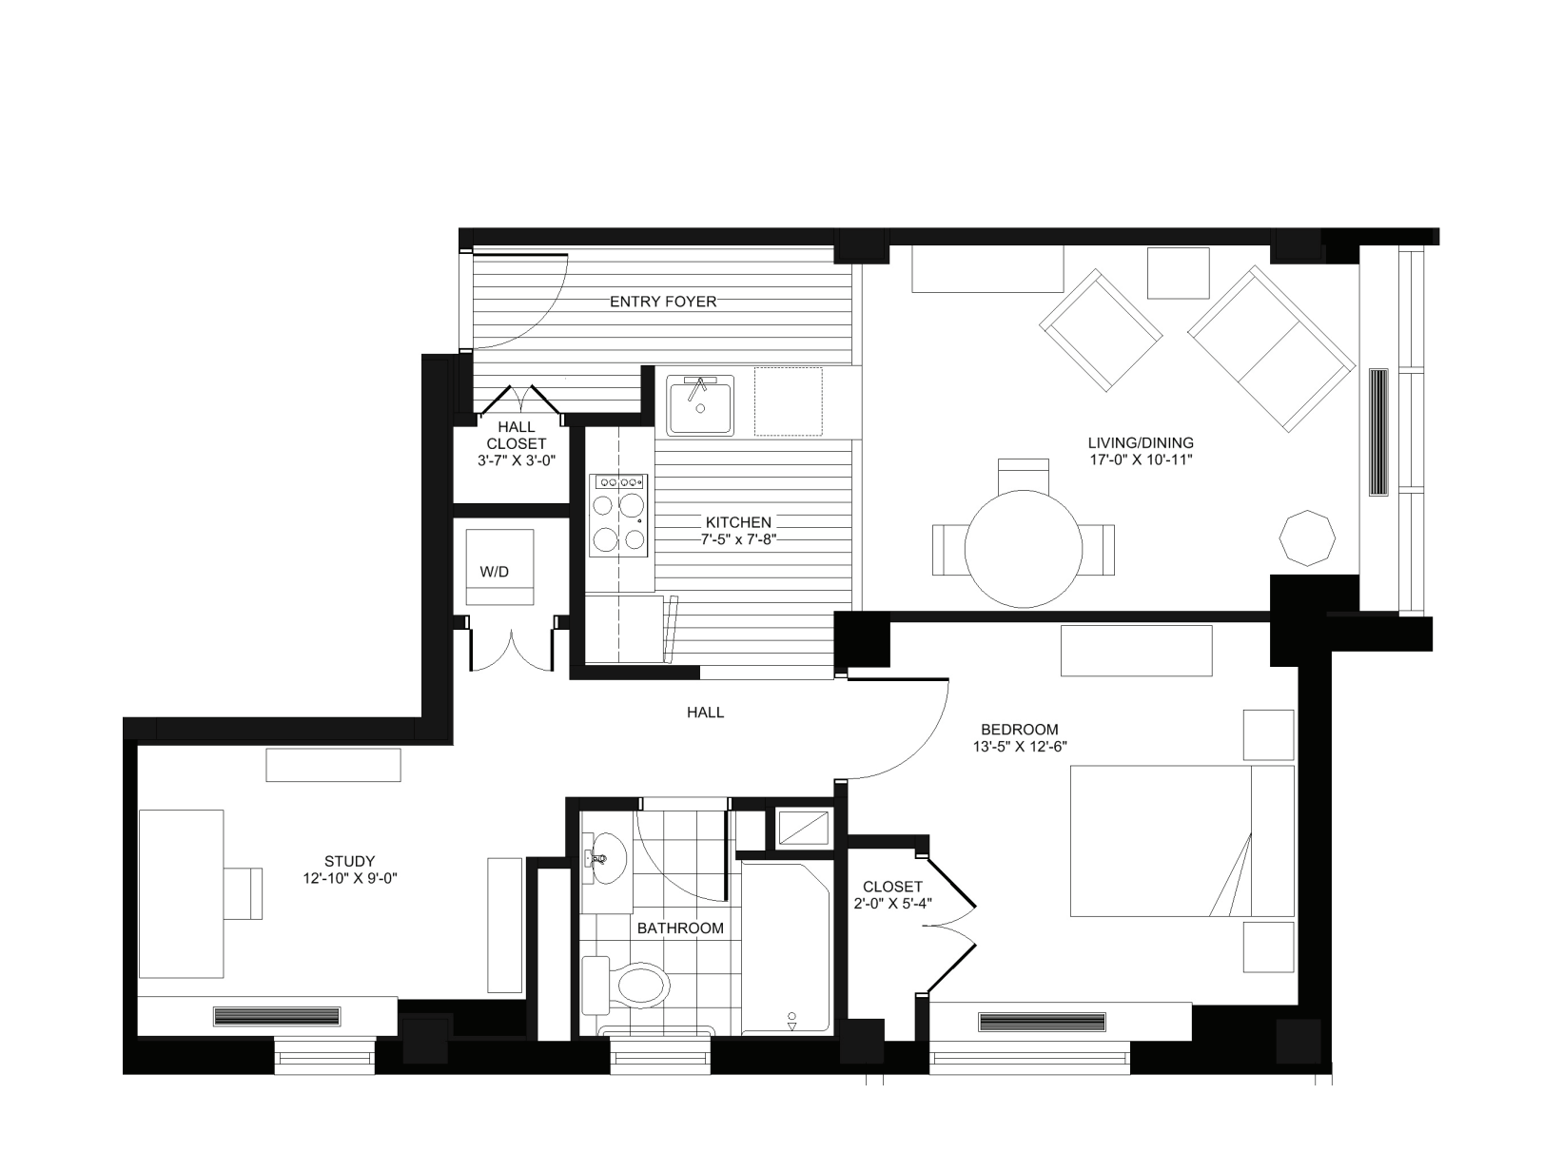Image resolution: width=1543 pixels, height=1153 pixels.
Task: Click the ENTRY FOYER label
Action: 663,302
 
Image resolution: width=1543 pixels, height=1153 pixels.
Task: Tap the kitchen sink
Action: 700,404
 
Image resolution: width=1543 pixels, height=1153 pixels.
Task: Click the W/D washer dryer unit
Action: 499,569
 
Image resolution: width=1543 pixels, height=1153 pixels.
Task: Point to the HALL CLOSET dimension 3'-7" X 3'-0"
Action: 517,460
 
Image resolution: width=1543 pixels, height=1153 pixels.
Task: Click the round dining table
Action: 1024,549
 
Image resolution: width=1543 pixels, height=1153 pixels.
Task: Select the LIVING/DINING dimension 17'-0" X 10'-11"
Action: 1141,459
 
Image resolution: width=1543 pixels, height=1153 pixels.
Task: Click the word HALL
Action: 705,712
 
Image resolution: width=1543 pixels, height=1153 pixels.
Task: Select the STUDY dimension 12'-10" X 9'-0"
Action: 349,878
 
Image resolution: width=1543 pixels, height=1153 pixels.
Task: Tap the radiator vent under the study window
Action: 277,1016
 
